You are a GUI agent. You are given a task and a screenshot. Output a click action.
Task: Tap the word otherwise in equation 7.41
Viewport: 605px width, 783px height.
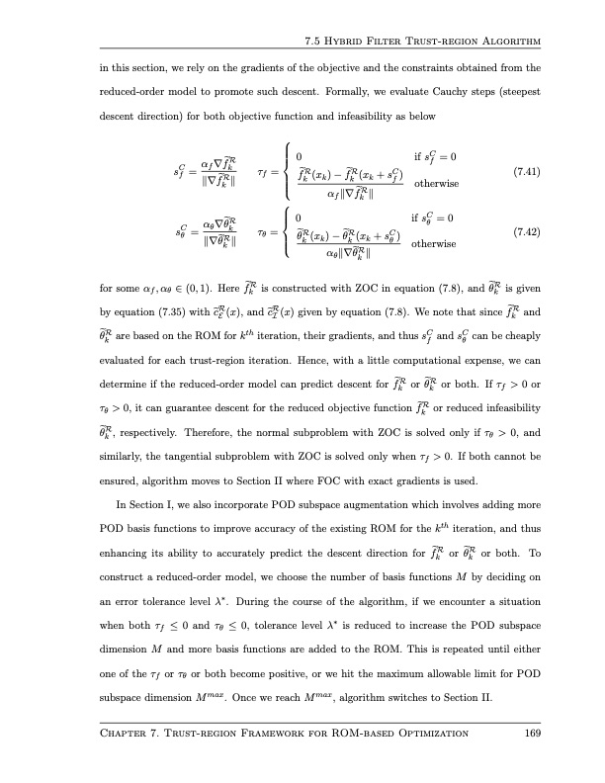(434, 182)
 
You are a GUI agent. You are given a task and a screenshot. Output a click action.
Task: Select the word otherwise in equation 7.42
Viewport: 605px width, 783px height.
(434, 243)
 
